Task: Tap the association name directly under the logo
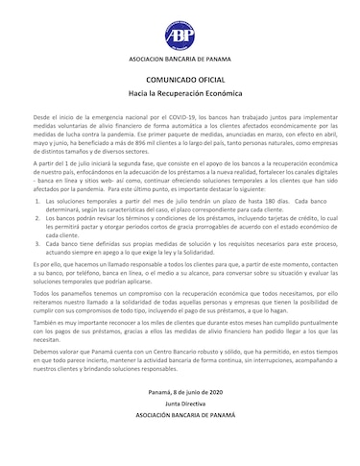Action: (x=180, y=60)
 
